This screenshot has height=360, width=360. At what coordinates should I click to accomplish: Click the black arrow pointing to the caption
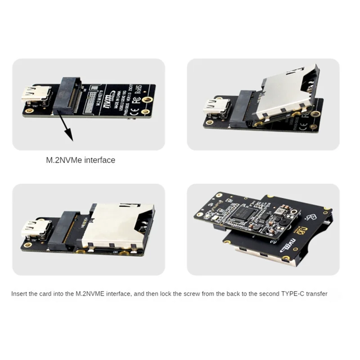click(x=66, y=129)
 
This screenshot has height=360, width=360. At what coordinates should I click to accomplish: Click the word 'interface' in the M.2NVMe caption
click(x=100, y=160)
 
